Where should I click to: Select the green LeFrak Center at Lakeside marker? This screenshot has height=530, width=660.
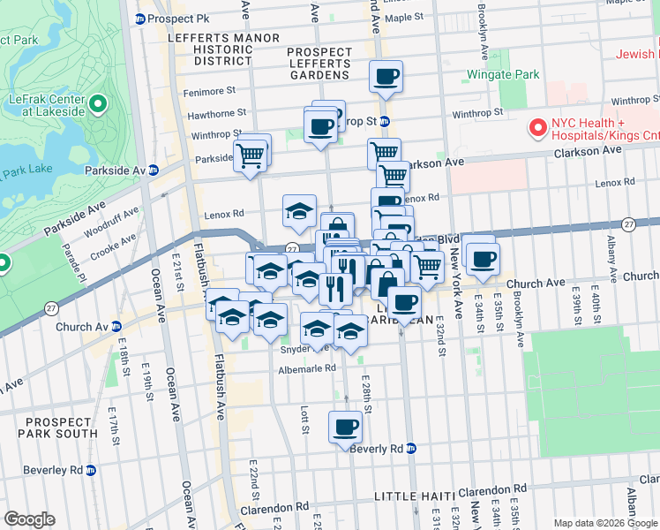tap(96, 105)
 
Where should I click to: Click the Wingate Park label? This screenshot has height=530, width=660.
tap(502, 74)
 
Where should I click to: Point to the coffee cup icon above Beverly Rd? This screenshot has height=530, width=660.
tap(345, 428)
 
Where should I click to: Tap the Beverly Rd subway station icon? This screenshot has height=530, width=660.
tap(410, 449)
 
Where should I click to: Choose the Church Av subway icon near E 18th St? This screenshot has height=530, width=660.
tap(116, 327)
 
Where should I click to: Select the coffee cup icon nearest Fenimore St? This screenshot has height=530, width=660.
tap(386, 77)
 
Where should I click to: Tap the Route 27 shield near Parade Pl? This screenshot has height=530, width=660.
tap(52, 308)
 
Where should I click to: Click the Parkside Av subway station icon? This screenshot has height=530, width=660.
tap(153, 170)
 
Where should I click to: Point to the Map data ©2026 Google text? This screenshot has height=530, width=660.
tap(606, 523)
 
